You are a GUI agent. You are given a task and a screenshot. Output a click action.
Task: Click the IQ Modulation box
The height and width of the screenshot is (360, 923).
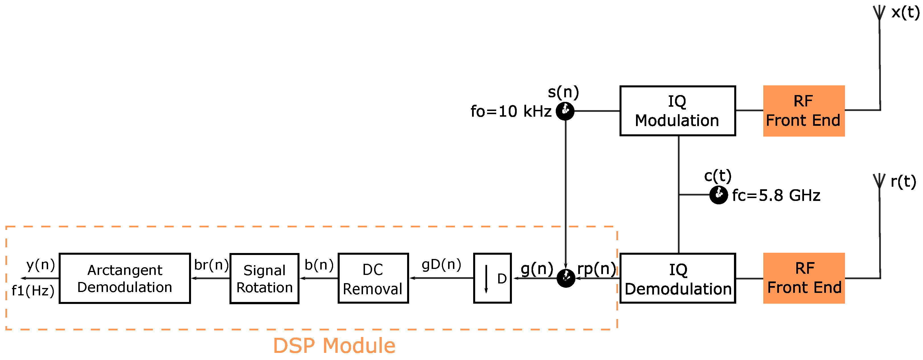pos(677,111)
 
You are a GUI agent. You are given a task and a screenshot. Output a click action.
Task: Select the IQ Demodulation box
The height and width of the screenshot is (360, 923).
pos(677,278)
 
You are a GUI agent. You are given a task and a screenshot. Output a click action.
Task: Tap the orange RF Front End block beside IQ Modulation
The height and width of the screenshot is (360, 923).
pos(804,111)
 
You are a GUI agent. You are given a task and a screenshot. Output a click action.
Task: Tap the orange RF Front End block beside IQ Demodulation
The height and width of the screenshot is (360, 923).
pos(804,278)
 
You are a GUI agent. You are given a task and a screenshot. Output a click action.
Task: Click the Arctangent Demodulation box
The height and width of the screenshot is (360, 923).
pos(125,278)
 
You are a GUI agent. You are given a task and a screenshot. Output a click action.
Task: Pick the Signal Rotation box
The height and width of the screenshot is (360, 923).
pos(264,279)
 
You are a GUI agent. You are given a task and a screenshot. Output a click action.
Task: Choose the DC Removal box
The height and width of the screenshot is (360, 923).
pos(373,278)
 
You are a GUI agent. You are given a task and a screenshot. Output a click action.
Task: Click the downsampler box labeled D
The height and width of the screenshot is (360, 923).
pos(492,278)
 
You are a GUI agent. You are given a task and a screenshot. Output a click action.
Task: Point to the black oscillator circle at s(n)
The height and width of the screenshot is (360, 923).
pos(565,111)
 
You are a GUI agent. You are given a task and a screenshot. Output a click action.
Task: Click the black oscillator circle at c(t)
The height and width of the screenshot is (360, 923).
pos(718,195)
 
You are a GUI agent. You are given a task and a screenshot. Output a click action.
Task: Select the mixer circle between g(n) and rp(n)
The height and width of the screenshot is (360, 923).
pos(566,278)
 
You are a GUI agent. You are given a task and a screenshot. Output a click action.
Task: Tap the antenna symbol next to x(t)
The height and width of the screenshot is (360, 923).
pos(879,13)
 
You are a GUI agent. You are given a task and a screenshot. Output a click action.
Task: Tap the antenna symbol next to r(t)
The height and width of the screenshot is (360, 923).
pos(879,181)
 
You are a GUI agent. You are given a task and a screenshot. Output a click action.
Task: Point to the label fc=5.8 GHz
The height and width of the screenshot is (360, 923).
pos(776,196)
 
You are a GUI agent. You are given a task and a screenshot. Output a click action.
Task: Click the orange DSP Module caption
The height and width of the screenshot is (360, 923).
pos(334,346)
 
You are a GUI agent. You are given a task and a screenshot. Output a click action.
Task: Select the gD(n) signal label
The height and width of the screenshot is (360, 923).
pos(441,265)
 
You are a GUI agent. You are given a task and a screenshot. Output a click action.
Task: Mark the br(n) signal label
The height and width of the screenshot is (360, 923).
pos(211,265)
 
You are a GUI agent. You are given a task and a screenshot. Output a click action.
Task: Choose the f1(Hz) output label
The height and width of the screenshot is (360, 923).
pos(33,291)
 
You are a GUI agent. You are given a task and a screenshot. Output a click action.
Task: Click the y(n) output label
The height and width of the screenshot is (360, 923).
pos(41,265)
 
